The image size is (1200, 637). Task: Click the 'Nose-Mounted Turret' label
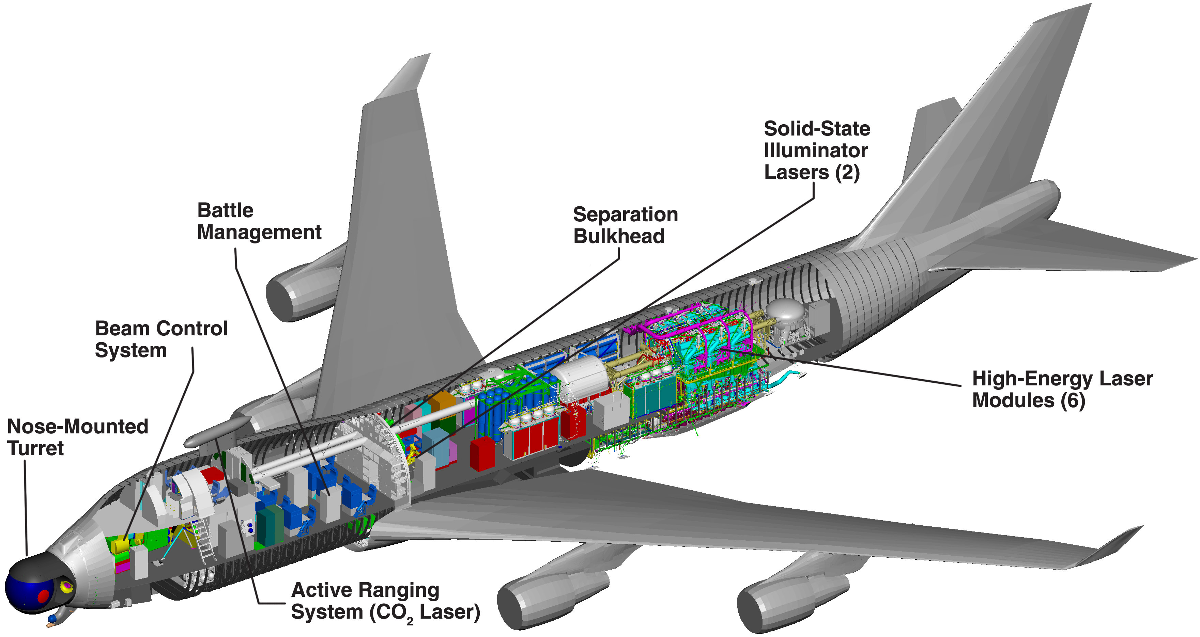coord(77,437)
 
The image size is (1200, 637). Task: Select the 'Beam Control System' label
coord(161,339)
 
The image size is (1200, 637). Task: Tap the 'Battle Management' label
coord(259,221)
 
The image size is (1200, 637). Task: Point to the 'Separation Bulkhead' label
coord(625,225)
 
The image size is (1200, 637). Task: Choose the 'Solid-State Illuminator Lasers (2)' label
coord(817,150)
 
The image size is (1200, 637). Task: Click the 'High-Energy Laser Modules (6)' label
coord(1062,389)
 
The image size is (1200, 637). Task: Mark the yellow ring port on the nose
coord(67,586)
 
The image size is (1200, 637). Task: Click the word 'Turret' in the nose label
coord(35,448)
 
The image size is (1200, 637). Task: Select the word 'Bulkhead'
coord(619,236)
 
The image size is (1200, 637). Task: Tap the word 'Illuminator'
coord(816,150)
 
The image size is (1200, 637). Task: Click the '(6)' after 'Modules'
coord(1072,400)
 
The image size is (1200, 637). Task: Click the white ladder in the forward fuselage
coord(205,540)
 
